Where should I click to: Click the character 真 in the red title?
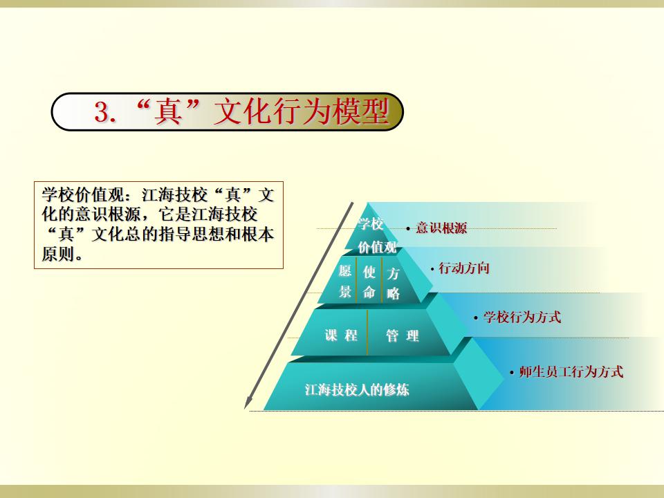167,112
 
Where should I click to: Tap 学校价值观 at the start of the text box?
83,195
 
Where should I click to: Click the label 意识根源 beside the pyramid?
441,228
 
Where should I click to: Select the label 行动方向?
464,268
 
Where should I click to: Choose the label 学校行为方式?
522,317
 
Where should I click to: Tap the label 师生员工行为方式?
571,372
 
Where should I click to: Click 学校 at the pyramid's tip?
371,223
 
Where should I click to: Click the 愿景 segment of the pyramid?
345,282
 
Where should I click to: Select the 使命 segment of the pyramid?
369,282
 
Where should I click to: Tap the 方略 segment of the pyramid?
393,284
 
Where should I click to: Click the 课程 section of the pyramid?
341,335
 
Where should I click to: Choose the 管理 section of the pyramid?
403,336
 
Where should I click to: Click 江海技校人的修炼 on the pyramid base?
357,389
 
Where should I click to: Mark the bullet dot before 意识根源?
408,229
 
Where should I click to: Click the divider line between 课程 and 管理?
367,333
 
